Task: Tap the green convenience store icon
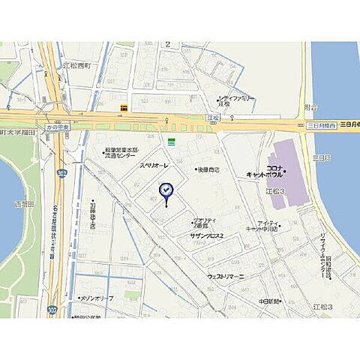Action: click(172, 140)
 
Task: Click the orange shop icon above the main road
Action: click(124, 108)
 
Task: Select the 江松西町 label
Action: click(77, 65)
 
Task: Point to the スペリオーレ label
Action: click(154, 164)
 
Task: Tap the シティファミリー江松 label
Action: click(235, 100)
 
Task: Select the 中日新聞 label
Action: click(268, 301)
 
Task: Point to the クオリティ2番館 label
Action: click(205, 223)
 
